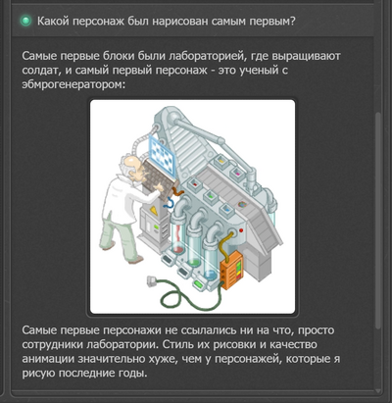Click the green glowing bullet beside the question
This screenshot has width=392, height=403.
click(x=25, y=22)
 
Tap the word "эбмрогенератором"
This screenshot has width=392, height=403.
click(x=73, y=84)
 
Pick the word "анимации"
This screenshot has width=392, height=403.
click(x=48, y=359)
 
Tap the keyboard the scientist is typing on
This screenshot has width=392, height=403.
click(x=160, y=177)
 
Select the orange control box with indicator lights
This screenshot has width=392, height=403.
click(x=232, y=269)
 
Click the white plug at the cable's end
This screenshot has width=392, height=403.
click(x=151, y=281)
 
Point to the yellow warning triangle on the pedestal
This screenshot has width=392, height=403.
click(x=153, y=210)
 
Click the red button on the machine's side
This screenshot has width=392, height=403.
click(x=241, y=230)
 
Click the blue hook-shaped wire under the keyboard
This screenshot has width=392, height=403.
click(x=169, y=203)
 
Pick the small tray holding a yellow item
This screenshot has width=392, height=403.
click(x=222, y=161)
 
